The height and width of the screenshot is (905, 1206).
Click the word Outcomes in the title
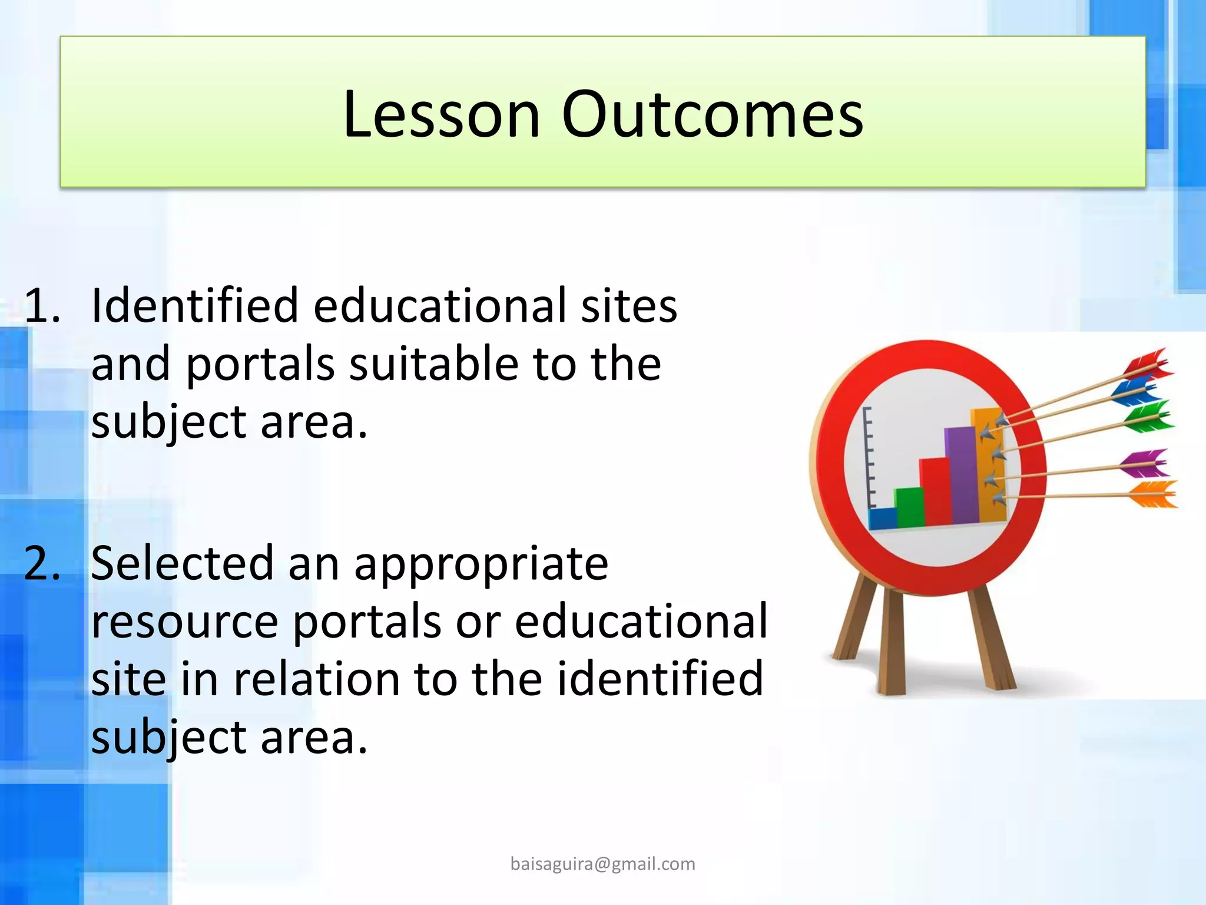(712, 114)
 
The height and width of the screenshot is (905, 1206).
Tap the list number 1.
(41, 306)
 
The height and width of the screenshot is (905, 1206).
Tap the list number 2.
(41, 563)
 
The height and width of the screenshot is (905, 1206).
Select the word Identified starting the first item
(194, 306)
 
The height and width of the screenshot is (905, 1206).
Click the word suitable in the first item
(433, 364)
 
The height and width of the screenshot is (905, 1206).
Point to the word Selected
(182, 563)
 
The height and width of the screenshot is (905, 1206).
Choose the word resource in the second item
(184, 622)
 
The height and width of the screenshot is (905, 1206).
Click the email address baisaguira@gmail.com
(602, 864)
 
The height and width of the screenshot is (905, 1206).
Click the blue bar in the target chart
(882, 518)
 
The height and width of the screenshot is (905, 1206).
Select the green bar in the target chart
(909, 507)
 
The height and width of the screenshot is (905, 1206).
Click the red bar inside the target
(935, 492)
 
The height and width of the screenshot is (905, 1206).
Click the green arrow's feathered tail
(1148, 416)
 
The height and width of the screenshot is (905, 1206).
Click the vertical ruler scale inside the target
(867, 457)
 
